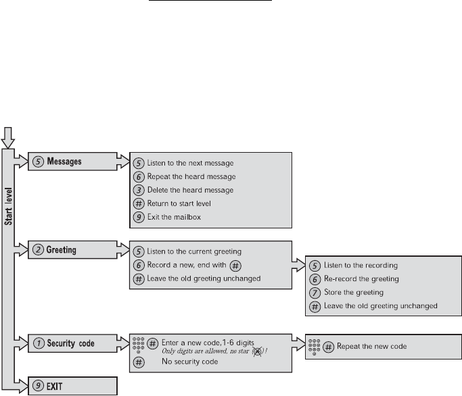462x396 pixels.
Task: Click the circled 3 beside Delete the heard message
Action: (x=138, y=190)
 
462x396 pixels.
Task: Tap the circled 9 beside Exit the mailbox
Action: (x=138, y=217)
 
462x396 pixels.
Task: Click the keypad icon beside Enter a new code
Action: (x=138, y=344)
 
